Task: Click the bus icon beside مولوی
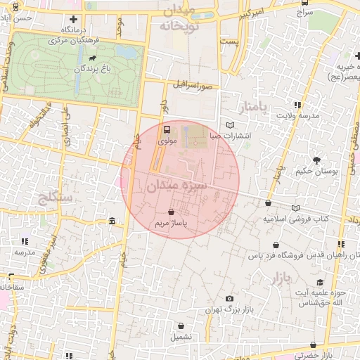tap(167, 129)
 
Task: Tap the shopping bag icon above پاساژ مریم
tap(172, 212)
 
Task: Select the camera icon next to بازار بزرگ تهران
tap(229, 299)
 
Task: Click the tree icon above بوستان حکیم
tap(317, 159)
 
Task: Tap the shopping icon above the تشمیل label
tap(182, 326)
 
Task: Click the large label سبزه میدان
tap(176, 187)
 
